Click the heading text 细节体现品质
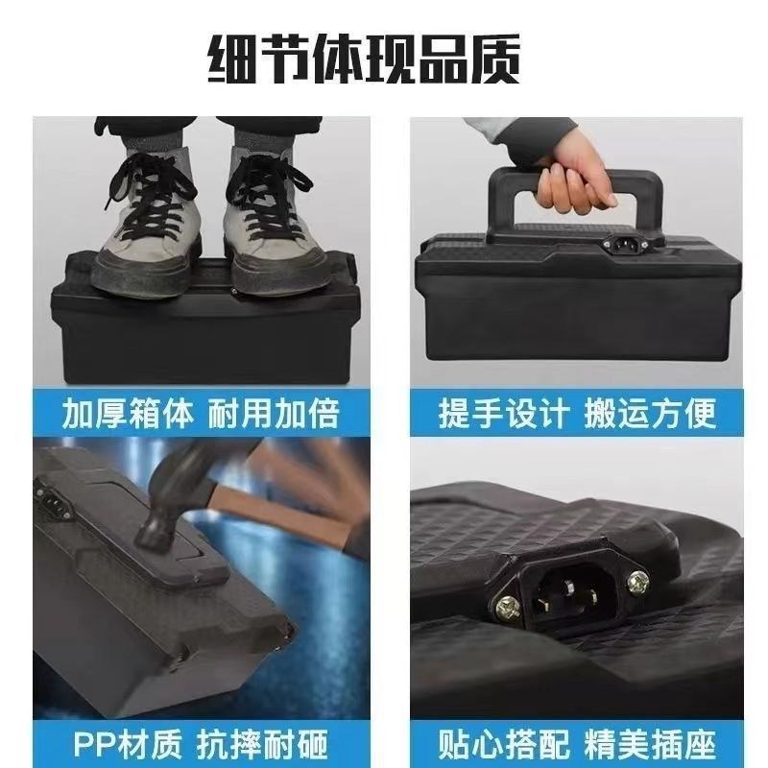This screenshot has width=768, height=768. coord(364,60)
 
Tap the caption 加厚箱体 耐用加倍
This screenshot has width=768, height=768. coord(201,412)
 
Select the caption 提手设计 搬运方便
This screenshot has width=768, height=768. coord(577,412)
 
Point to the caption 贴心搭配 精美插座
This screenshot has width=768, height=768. coord(577,742)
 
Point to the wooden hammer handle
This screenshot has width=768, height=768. coord(288,509)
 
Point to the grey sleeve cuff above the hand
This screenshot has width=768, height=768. coord(523,134)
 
